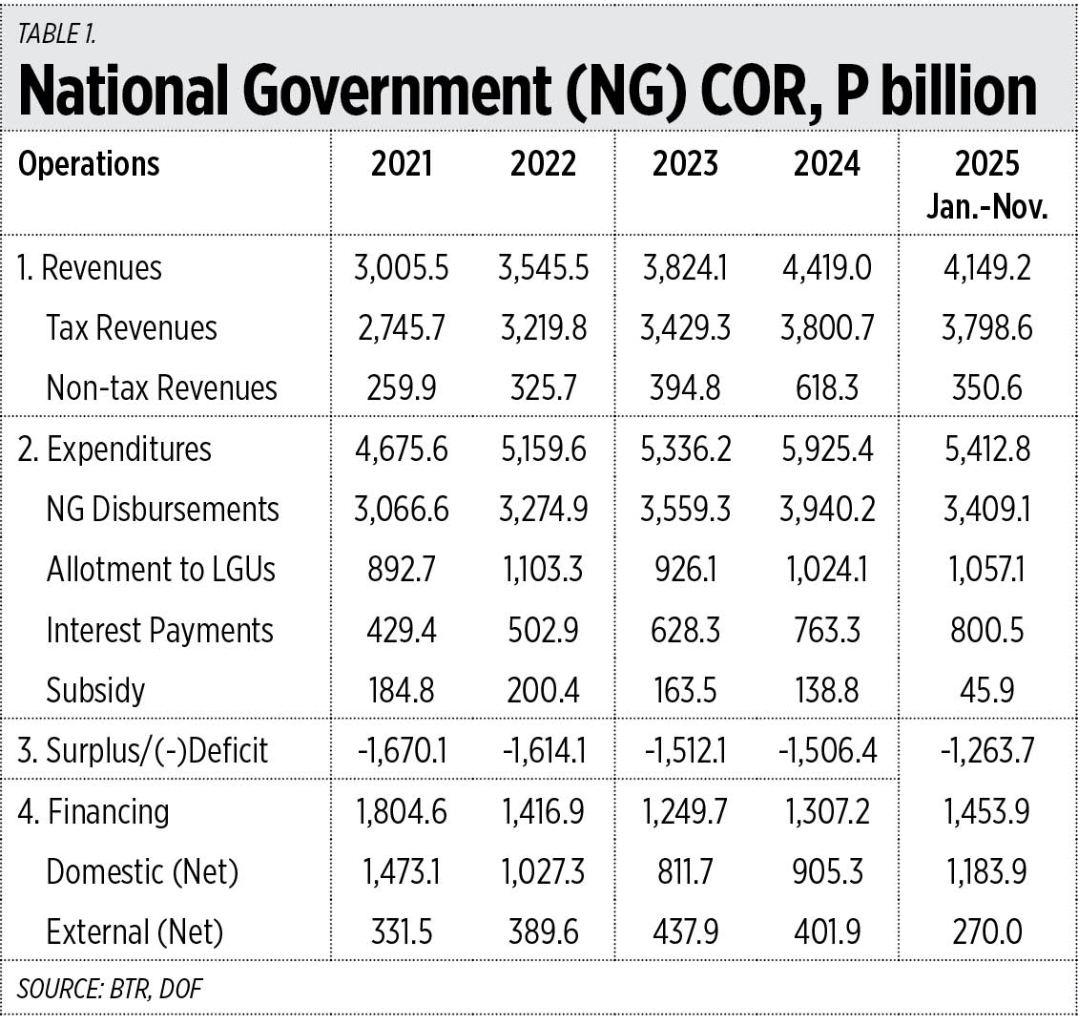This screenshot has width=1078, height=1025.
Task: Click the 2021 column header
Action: click(x=401, y=164)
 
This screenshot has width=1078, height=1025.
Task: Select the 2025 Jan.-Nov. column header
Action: click(x=987, y=184)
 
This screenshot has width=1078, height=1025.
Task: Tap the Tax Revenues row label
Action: click(x=132, y=328)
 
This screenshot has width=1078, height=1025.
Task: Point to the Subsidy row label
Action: click(x=95, y=690)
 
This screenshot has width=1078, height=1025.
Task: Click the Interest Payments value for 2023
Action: click(x=685, y=630)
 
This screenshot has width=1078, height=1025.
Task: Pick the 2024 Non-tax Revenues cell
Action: click(x=826, y=388)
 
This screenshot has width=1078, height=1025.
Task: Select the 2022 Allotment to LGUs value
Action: click(x=543, y=570)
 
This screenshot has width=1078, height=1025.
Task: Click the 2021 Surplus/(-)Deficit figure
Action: click(x=401, y=751)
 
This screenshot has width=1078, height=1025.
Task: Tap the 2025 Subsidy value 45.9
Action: click(x=987, y=690)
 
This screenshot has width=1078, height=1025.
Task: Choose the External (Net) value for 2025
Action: click(x=987, y=931)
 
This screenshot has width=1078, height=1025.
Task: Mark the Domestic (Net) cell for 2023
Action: click(x=685, y=871)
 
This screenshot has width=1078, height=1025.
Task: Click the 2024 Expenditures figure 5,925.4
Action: click(x=826, y=449)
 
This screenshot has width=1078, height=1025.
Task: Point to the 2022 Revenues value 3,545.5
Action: click(x=543, y=268)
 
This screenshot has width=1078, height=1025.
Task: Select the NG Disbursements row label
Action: click(x=162, y=510)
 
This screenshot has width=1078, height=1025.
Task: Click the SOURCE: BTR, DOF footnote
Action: click(x=110, y=988)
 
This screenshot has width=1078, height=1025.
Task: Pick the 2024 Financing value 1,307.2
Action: click(x=826, y=811)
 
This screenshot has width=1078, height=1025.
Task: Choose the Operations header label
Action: click(x=89, y=164)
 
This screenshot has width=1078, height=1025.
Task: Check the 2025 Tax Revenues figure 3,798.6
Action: click(x=987, y=328)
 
